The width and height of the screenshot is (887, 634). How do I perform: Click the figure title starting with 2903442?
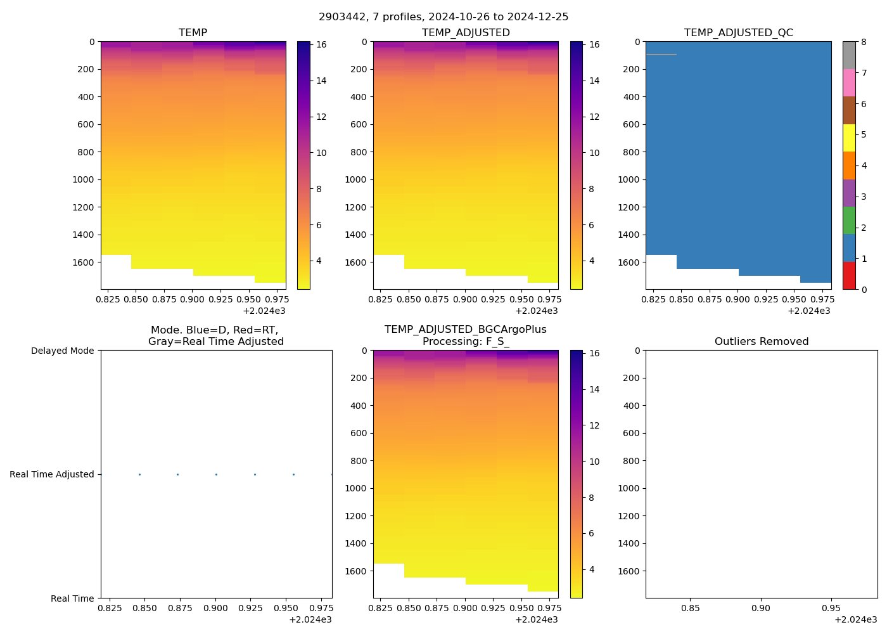(443, 17)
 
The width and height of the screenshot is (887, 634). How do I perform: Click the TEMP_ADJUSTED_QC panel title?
(738, 32)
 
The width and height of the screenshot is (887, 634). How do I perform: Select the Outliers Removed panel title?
(762, 341)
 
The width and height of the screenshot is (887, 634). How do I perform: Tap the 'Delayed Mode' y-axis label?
(62, 351)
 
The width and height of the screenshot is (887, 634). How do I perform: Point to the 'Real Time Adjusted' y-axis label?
(51, 474)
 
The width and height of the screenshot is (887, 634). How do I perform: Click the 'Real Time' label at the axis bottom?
(72, 598)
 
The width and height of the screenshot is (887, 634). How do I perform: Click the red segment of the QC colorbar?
(849, 276)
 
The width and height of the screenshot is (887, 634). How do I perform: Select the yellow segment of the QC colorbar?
(849, 138)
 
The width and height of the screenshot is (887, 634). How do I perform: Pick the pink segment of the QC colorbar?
(849, 82)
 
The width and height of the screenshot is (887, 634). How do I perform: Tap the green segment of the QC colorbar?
(849, 221)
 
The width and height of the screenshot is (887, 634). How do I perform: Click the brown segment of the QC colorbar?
(849, 110)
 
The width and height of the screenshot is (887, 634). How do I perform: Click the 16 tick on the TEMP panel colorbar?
(321, 44)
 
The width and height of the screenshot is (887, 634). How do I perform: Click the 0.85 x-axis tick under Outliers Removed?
(691, 608)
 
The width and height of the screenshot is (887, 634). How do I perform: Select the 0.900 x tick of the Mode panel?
(215, 608)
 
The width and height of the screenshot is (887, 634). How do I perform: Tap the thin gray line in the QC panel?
(661, 55)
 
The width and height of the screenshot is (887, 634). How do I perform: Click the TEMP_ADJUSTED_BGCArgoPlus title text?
(465, 329)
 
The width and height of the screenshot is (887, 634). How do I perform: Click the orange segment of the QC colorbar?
(849, 165)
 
